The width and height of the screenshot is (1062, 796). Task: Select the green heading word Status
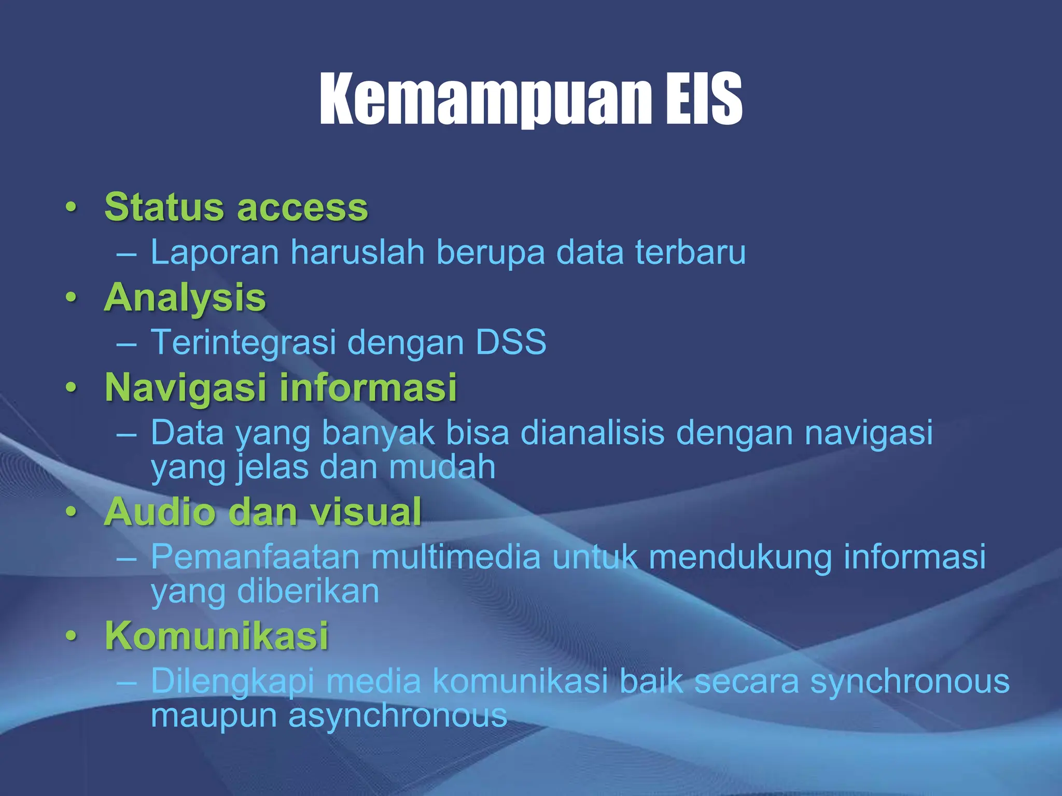click(164, 207)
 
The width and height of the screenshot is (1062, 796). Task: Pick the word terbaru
click(690, 252)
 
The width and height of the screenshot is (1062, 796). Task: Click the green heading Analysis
click(185, 298)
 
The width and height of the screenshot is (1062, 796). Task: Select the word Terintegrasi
click(243, 342)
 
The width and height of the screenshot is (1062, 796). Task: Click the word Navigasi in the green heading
click(186, 388)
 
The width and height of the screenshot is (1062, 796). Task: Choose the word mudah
click(442, 466)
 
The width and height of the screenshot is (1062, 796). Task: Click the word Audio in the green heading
click(160, 511)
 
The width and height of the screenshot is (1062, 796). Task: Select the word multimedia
click(456, 557)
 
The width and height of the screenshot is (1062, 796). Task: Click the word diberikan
click(308, 591)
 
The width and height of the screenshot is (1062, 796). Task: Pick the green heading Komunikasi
click(216, 635)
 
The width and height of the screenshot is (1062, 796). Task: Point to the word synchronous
click(910, 681)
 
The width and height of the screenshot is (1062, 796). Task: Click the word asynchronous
click(397, 716)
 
